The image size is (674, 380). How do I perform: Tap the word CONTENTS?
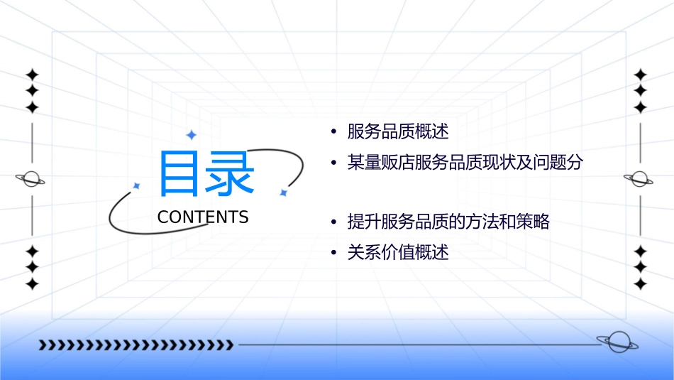click(x=203, y=217)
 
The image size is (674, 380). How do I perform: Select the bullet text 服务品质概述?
click(x=398, y=131)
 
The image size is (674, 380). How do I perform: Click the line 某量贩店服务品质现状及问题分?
click(x=465, y=163)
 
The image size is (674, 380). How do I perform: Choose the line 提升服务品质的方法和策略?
click(x=448, y=222)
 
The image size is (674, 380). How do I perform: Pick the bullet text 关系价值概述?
click(x=398, y=253)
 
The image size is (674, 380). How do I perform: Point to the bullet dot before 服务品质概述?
click(x=333, y=132)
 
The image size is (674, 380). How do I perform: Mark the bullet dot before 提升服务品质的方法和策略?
click(x=333, y=222)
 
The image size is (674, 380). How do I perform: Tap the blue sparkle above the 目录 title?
click(x=191, y=135)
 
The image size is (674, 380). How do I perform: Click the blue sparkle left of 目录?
click(x=137, y=185)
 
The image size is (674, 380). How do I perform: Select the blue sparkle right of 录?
click(x=282, y=192)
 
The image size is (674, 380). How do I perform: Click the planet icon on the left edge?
click(x=31, y=179)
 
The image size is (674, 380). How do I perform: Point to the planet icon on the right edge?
click(x=639, y=179)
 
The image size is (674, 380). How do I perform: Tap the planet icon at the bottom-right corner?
click(x=617, y=342)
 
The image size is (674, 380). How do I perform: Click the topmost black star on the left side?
click(x=32, y=75)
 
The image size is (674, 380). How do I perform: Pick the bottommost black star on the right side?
click(x=640, y=284)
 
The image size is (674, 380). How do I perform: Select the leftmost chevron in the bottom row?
click(x=43, y=345)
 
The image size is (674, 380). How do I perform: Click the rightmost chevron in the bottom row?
click(x=229, y=345)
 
